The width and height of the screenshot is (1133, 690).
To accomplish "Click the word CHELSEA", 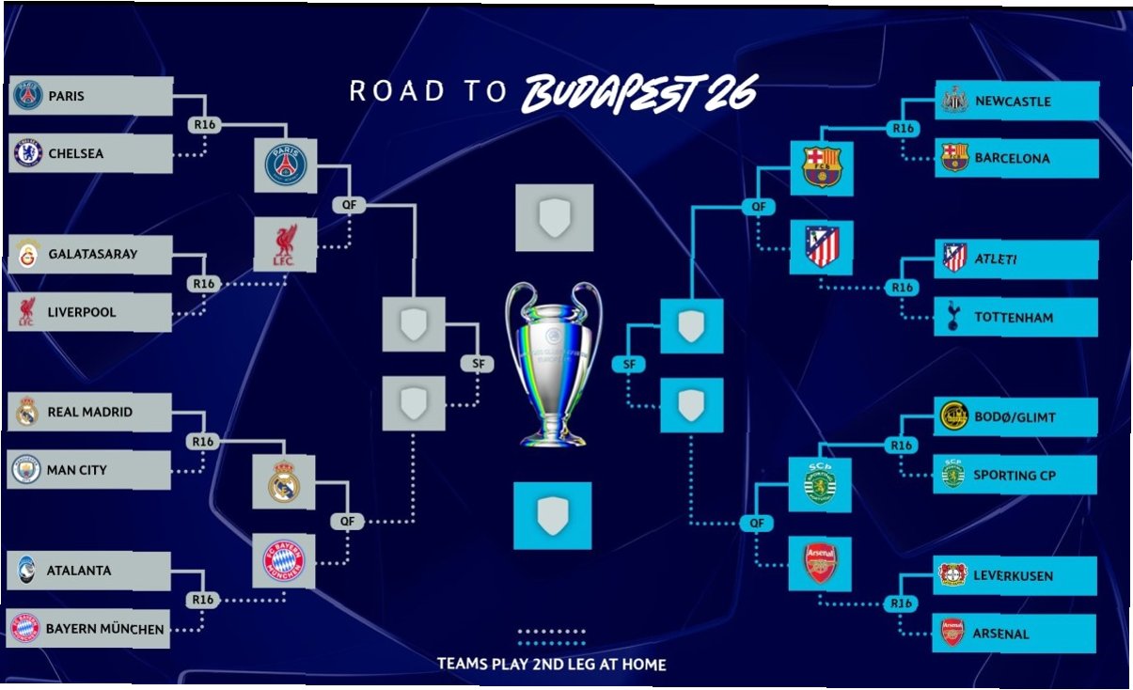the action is (x=76, y=153).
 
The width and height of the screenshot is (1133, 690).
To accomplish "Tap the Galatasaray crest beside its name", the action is (x=28, y=254).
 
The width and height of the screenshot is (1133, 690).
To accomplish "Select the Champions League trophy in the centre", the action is (x=554, y=364).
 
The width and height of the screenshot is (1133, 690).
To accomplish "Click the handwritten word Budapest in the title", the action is (x=611, y=94).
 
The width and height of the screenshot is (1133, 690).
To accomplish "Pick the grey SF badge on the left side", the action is (x=477, y=364).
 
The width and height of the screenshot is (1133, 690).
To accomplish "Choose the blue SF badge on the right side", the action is (x=629, y=364).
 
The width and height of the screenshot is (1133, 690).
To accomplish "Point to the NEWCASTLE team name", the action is (x=1013, y=102).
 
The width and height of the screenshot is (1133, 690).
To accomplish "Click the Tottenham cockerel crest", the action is (x=952, y=316).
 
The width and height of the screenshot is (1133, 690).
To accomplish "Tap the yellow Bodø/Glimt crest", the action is (x=953, y=416).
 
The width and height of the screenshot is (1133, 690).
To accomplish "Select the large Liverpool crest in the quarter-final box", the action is (x=285, y=245).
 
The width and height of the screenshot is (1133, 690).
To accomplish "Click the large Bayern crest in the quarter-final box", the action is (x=283, y=560).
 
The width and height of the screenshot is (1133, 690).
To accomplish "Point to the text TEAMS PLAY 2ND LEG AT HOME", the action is (x=551, y=664).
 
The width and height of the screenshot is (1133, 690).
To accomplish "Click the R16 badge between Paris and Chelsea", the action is (x=204, y=124).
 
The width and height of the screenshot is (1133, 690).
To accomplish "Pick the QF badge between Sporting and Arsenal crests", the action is (x=756, y=523).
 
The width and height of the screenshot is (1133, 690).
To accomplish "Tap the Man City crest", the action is (x=25, y=469).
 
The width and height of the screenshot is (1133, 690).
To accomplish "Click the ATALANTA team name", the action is (x=78, y=571).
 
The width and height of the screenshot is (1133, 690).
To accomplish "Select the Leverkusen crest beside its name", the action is (x=952, y=574).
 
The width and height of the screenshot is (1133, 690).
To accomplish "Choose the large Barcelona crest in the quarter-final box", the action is (x=822, y=167).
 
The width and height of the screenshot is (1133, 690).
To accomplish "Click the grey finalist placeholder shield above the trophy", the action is (x=555, y=217).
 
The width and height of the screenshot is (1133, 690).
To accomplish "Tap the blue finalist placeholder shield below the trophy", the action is (x=552, y=515).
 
